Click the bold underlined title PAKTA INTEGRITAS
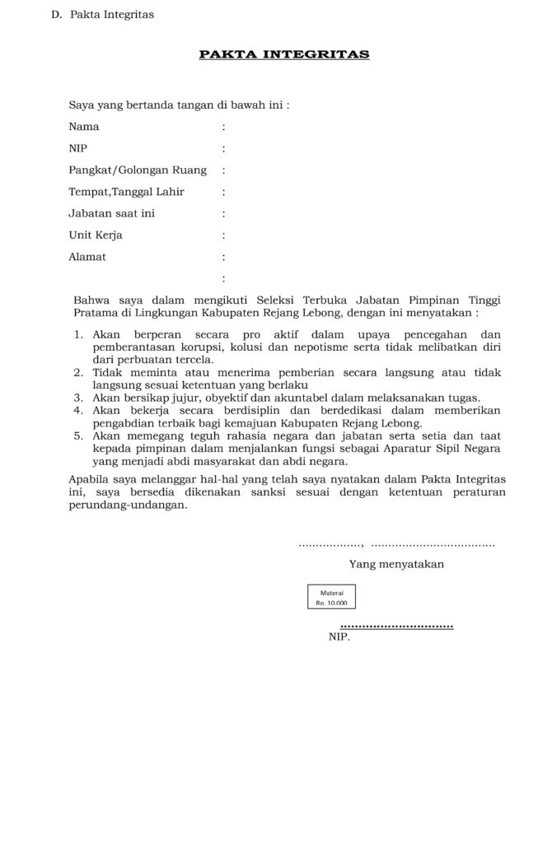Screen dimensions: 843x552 pos(283,54)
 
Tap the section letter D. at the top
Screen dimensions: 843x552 pos(56,15)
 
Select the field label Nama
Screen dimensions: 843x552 pos(84,127)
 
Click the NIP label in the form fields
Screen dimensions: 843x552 pos(78,148)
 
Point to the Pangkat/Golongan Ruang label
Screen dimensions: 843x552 pos(138,170)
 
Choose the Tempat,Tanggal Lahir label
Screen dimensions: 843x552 pos(126,192)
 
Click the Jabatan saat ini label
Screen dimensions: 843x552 pos(112,213)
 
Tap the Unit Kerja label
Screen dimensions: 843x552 pos(96,235)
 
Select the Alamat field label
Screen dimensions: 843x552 pos(87,257)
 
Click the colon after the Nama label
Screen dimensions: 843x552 pos(223,128)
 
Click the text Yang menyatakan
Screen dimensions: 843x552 pos(396,564)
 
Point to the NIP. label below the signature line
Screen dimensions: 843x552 pos(339,636)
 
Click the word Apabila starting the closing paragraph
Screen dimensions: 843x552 pos(89,478)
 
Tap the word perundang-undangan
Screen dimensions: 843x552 pos(127,505)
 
